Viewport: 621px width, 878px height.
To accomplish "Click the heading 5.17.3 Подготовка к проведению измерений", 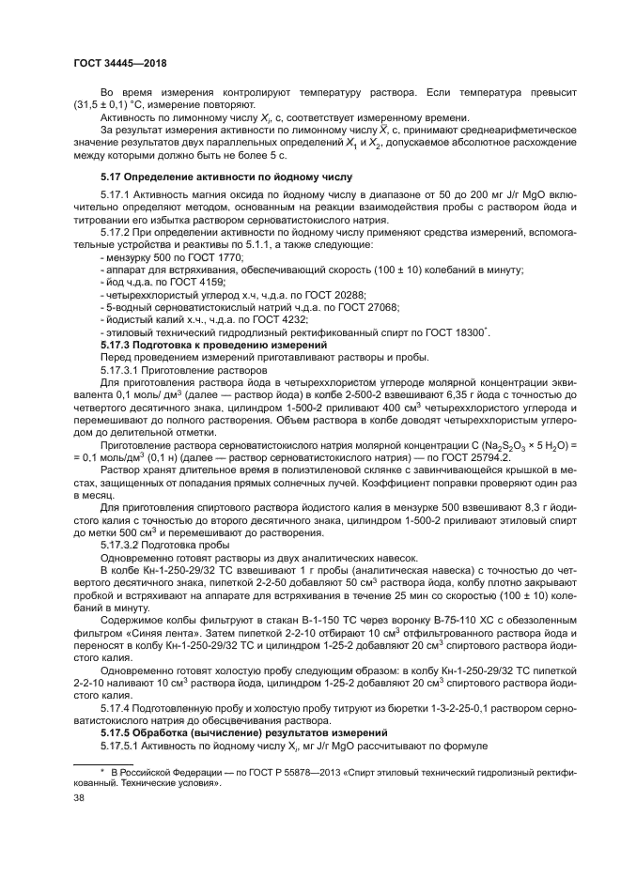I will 207,345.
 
